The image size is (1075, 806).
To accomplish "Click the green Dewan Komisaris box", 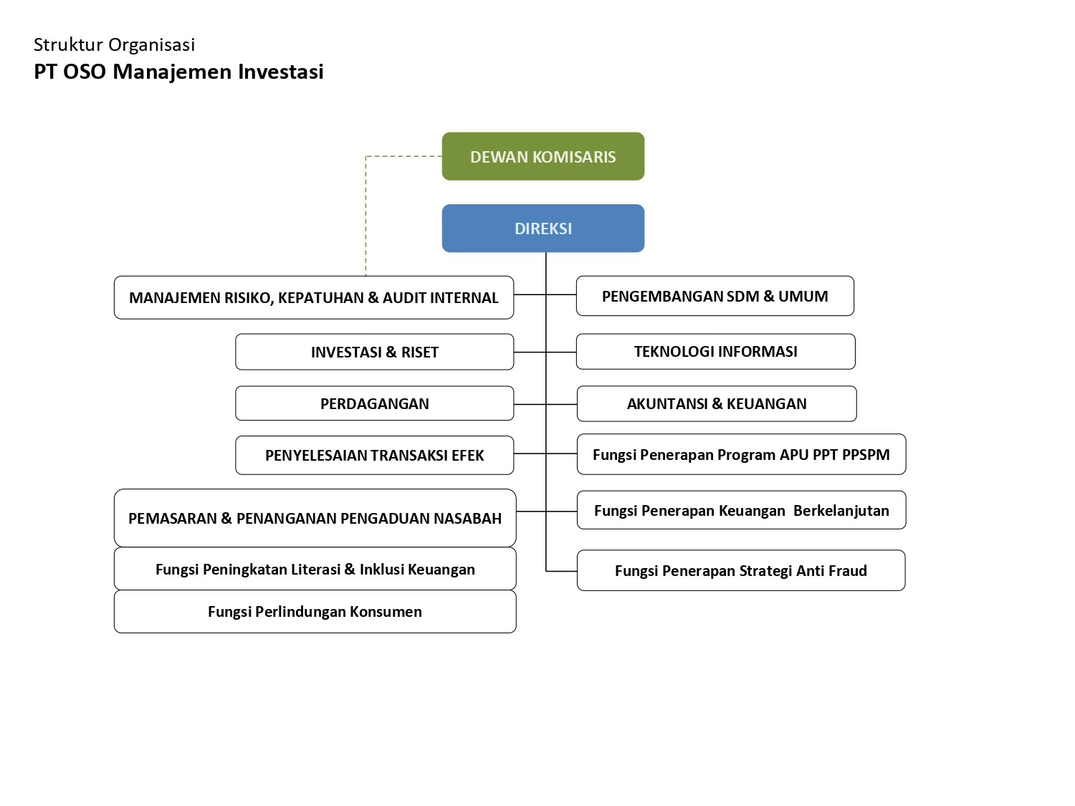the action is coord(543,156).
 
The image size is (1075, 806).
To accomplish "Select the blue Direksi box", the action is coord(543,228).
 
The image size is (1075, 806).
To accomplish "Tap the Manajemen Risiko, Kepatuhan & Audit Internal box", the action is coord(313,297).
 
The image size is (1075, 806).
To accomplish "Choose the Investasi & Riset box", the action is coord(374,352).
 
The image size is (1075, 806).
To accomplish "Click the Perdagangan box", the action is coord(374,403).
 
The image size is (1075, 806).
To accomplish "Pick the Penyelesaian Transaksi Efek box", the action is coord(374,455).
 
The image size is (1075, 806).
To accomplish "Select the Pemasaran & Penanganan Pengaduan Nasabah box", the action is coord(315,518).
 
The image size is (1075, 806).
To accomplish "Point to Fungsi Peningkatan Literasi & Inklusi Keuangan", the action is coord(315,569).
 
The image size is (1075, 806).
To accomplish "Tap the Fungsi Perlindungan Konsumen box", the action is coord(315,611).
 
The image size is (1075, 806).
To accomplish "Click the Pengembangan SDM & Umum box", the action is coord(715,296).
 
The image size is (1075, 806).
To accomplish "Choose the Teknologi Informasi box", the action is coord(715,351).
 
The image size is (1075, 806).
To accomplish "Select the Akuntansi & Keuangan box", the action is coord(717,403).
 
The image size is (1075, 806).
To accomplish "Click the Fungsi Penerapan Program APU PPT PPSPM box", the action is coord(741,454).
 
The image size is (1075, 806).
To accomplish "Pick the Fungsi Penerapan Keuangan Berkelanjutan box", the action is coord(741,510).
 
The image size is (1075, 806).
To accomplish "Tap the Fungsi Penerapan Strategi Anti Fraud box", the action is coord(741,570).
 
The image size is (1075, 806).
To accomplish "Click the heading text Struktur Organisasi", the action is coord(114,44).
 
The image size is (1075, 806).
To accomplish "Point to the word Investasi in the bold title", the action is coord(281,72).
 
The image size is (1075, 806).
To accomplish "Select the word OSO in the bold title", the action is coord(85,72).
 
